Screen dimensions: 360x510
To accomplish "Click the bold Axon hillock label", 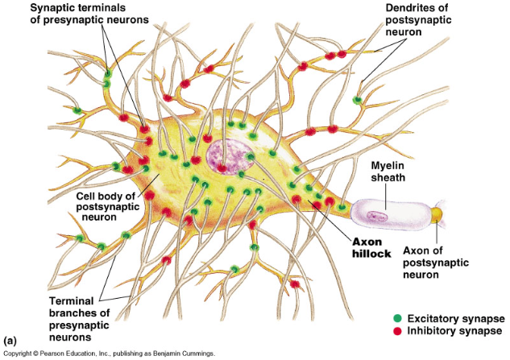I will (x=371, y=246).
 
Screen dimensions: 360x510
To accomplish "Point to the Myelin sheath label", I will (x=391, y=172).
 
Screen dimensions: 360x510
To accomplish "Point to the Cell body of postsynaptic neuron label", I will (x=106, y=207).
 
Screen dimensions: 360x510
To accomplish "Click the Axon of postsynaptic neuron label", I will (x=438, y=263).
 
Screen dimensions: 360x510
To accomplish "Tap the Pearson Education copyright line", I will (x=110, y=354).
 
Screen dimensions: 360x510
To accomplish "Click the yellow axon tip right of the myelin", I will (x=437, y=215).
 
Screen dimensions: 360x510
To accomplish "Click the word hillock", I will (x=371, y=252).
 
